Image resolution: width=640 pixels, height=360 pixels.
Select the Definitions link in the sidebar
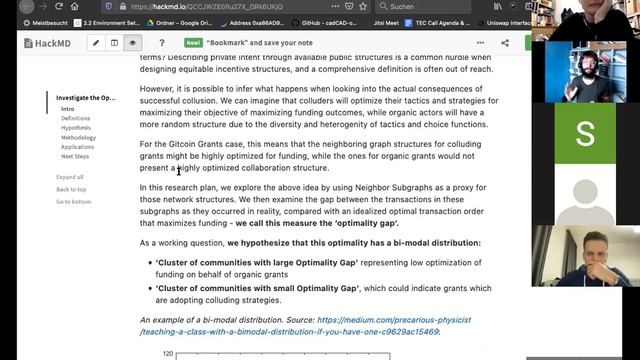[x=75, y=118]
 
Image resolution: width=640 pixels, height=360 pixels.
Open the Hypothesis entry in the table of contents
[x=76, y=128]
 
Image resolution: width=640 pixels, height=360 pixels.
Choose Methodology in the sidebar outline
[x=79, y=138]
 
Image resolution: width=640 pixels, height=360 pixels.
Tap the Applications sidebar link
[x=78, y=147]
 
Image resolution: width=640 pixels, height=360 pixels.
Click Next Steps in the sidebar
[x=75, y=156]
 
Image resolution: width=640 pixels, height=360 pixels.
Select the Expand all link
[x=70, y=177]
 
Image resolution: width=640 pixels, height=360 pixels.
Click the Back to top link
[x=71, y=189]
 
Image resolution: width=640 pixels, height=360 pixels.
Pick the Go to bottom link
[x=73, y=201]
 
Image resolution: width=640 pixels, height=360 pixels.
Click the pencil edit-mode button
[x=96, y=43]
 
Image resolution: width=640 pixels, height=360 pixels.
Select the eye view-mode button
[x=133, y=43]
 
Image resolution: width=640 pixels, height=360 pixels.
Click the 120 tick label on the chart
[x=168, y=354]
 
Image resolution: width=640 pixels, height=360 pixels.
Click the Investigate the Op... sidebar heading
[x=85, y=98]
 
